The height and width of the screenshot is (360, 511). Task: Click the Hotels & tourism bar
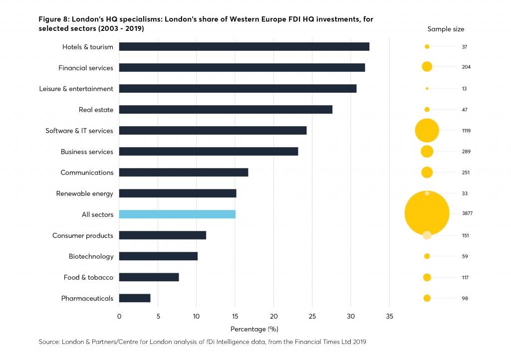point(244,47)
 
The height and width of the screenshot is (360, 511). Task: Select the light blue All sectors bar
point(177,214)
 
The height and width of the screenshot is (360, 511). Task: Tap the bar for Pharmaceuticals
point(135,298)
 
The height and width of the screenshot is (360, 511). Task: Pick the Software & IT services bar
point(213,131)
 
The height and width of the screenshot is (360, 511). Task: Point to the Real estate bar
point(226,110)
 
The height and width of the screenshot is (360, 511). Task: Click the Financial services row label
point(86,68)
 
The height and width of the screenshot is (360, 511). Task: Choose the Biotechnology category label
point(91,256)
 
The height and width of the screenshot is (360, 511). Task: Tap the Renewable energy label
point(84,193)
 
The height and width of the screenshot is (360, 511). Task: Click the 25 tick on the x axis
point(312,316)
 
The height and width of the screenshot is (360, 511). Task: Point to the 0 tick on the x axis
point(119,316)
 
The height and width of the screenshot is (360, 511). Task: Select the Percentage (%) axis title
point(254,329)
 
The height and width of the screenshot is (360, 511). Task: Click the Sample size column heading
point(446,29)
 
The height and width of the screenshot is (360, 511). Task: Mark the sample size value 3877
point(467,213)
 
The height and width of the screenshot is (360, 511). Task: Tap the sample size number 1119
point(467,131)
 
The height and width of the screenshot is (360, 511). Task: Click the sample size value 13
point(465,89)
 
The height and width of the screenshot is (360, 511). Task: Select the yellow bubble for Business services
point(427,152)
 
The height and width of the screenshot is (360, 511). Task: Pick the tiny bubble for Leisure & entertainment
point(427,89)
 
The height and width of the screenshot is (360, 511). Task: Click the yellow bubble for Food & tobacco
point(427,277)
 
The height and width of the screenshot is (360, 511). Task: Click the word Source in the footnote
point(49,342)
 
